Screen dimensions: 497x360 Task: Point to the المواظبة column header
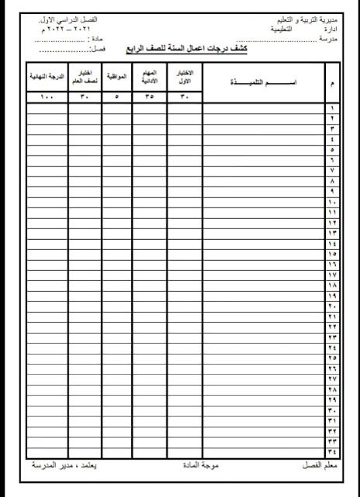click(116, 78)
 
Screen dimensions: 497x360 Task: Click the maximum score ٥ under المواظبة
click(116, 97)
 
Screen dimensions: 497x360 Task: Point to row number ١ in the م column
click(332, 109)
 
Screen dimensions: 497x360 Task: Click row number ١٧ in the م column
click(332, 274)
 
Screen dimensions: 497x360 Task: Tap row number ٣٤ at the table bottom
click(332, 449)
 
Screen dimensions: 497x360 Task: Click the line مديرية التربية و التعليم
click(305, 17)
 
